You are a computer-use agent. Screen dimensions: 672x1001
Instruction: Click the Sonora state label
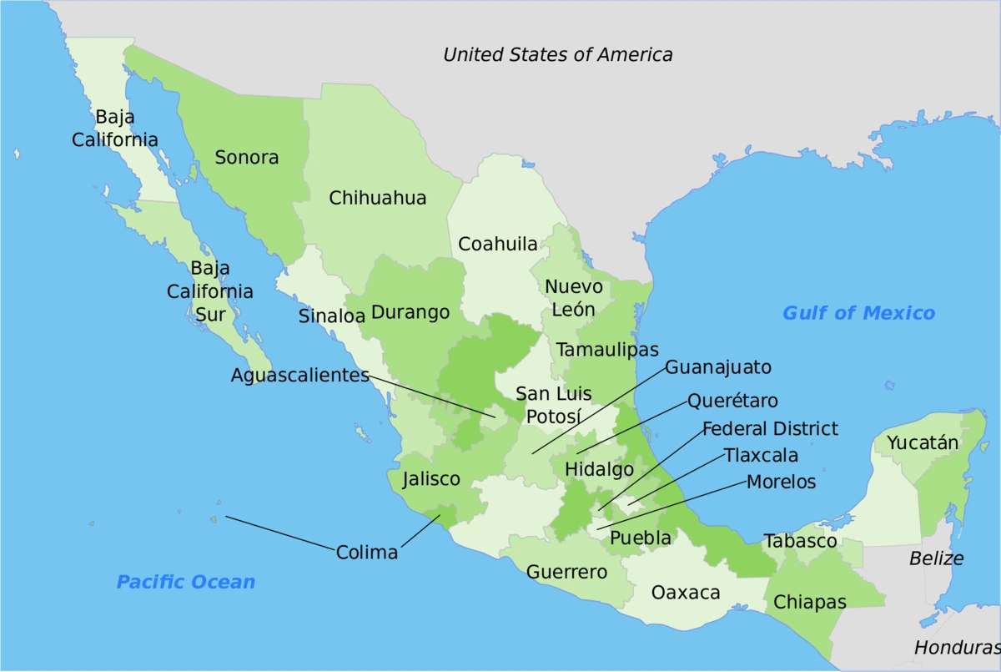click(x=247, y=157)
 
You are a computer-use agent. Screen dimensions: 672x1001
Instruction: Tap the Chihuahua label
click(x=378, y=198)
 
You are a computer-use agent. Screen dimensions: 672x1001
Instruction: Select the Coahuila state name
click(x=498, y=244)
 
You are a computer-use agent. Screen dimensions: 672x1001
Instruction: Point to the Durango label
click(x=410, y=312)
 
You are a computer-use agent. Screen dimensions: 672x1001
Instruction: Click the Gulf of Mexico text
click(x=858, y=313)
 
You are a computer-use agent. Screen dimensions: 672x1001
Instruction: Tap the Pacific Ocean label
click(x=186, y=582)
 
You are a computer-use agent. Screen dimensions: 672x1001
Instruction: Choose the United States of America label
click(x=557, y=55)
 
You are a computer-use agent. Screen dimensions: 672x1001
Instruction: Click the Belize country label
click(x=936, y=558)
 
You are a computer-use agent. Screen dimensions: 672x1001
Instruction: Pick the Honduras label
click(x=956, y=647)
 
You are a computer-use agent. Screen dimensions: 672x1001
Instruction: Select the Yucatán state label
click(x=923, y=442)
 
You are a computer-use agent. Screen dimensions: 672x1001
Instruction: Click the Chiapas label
click(x=810, y=601)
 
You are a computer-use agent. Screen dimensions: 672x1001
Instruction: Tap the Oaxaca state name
click(x=686, y=593)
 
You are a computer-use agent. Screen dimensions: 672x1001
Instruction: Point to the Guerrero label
click(x=567, y=572)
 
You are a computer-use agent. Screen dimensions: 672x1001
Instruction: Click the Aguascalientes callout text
click(x=300, y=376)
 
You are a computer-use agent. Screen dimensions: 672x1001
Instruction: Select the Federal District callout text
click(x=770, y=429)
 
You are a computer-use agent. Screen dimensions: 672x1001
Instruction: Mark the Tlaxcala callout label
click(x=761, y=456)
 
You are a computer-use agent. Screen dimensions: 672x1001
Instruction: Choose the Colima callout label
click(x=367, y=553)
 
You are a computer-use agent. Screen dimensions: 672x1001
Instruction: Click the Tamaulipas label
click(x=608, y=349)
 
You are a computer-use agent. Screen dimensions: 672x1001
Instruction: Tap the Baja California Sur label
click(x=210, y=292)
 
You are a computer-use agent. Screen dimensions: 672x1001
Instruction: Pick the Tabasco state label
click(x=800, y=541)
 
